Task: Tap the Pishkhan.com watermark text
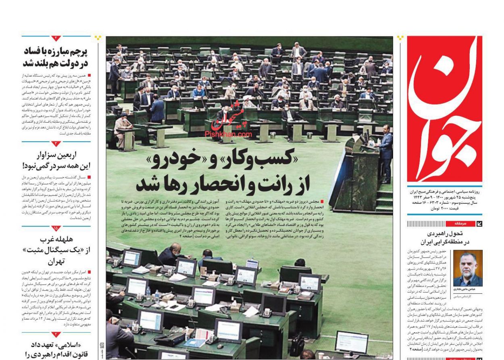pyautogui.click(x=228, y=134)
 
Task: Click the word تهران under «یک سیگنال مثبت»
pyautogui.click(x=56, y=262)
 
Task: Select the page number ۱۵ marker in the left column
pyautogui.click(x=56, y=228)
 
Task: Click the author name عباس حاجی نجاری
pyautogui.click(x=468, y=289)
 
